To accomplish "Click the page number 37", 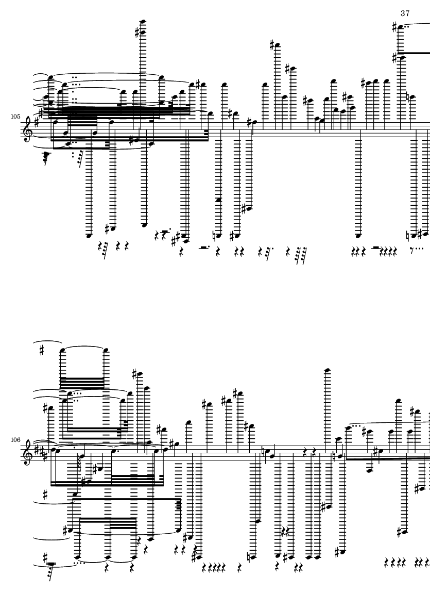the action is tap(405, 13).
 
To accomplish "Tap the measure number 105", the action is tap(15, 117).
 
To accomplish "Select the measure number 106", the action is tap(15, 440).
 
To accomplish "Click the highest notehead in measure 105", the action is tap(143, 21).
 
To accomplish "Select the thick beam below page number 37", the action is tap(414, 53).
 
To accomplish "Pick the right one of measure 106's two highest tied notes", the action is tap(106, 350).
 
